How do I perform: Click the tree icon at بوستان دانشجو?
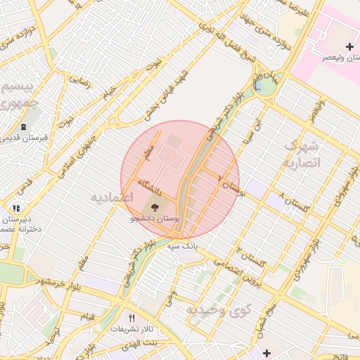[x=155, y=207]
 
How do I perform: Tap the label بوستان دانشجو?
[x=155, y=219]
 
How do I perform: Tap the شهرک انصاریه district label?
[x=302, y=154]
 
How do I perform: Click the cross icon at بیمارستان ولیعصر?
[x=349, y=46]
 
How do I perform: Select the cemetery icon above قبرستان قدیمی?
[x=23, y=127]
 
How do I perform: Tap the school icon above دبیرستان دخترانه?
[x=16, y=208]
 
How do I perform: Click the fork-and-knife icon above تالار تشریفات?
[x=131, y=317]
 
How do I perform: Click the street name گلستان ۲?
[x=253, y=259]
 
